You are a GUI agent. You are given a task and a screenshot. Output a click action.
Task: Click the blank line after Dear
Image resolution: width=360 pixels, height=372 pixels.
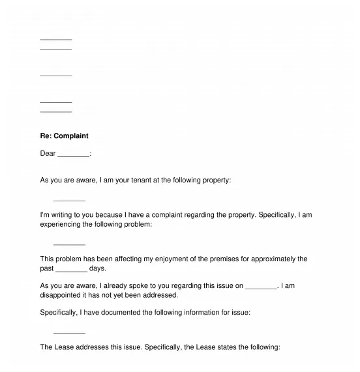(73, 154)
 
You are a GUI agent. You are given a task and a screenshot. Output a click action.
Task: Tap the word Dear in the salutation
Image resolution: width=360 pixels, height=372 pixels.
(48, 154)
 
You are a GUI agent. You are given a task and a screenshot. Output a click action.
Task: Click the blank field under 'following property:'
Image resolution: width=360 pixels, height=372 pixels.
(69, 199)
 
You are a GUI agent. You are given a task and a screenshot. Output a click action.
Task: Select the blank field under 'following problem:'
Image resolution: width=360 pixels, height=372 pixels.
(69, 244)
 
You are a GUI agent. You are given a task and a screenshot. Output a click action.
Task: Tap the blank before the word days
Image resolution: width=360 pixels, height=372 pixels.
(72, 268)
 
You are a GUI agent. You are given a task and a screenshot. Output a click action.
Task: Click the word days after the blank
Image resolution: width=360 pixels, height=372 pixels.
(97, 268)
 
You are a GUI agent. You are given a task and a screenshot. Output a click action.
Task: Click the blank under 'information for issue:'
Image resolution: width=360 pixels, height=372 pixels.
(69, 332)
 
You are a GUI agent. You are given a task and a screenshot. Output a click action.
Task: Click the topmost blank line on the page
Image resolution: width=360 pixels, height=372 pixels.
(56, 39)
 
